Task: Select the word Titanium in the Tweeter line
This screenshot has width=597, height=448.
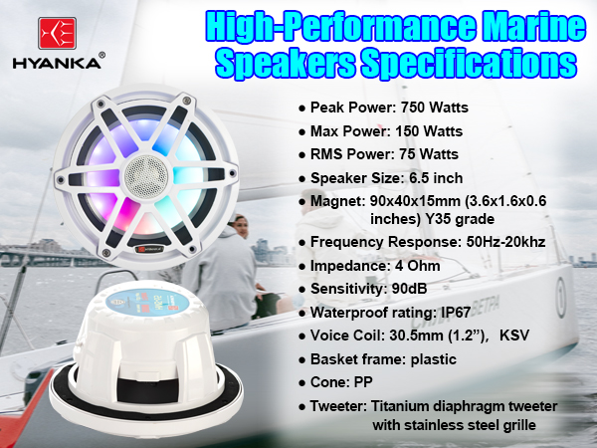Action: [x=401, y=406]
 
